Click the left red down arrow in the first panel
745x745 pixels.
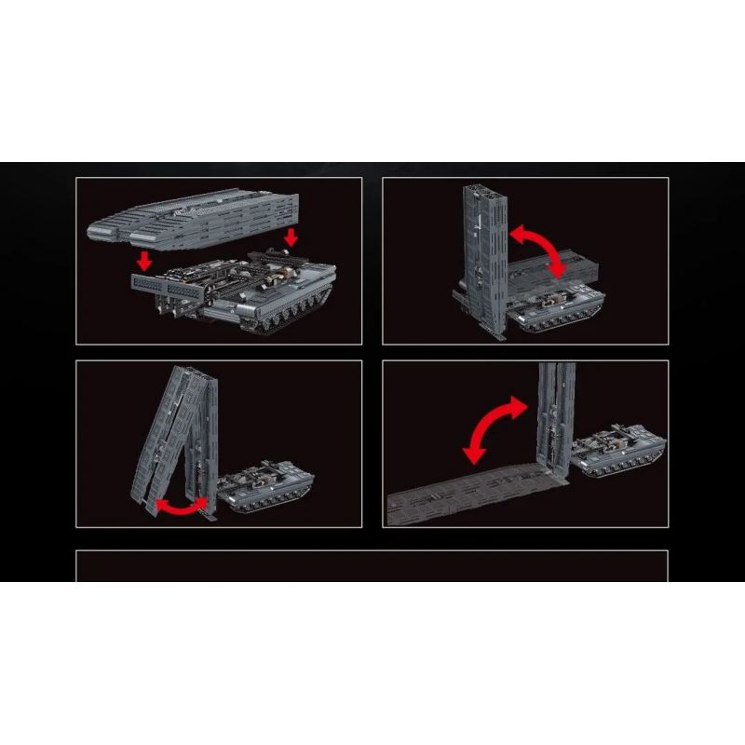(143, 260)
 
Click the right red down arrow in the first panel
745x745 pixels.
(291, 237)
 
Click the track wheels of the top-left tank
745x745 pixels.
(279, 321)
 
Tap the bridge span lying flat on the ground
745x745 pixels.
(466, 503)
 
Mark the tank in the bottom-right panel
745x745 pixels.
(619, 452)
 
